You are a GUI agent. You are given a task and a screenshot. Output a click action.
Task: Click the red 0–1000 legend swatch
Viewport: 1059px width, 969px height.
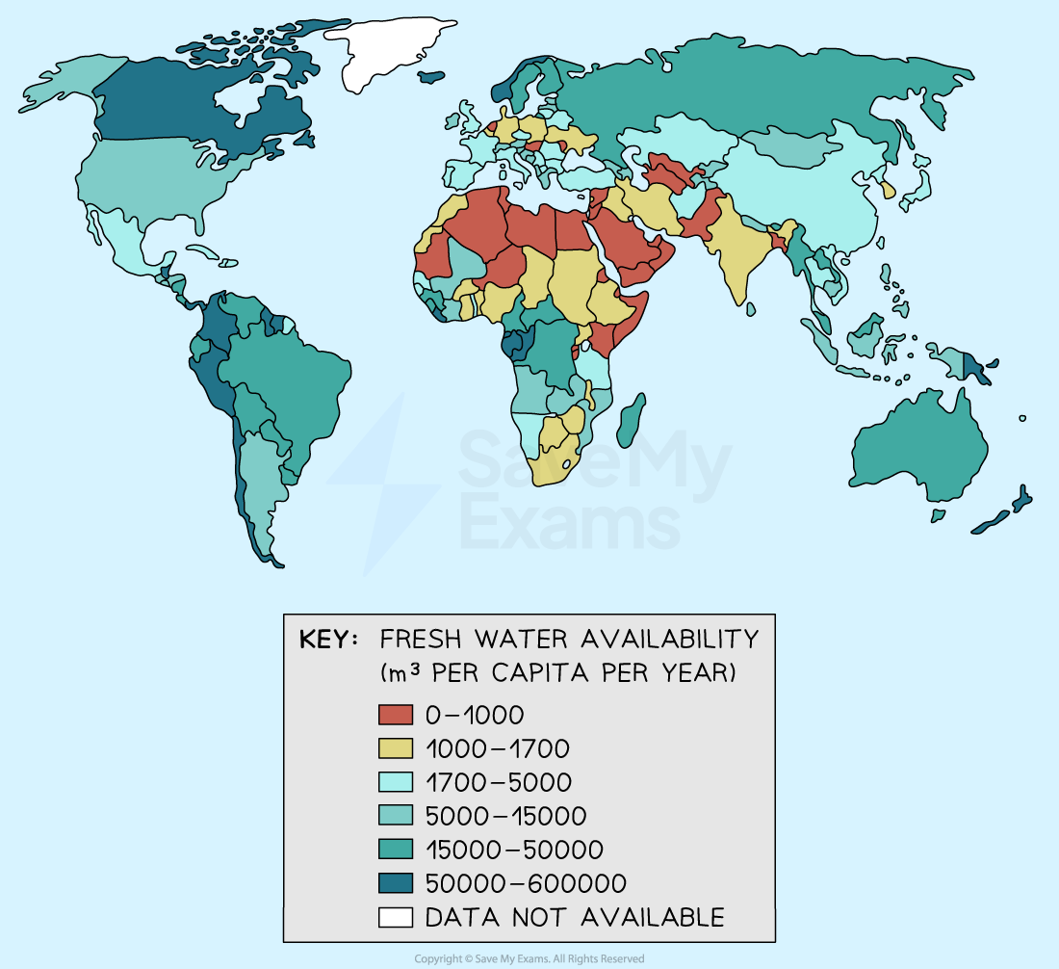395,715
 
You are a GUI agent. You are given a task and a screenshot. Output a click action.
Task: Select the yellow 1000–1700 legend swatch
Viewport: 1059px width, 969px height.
395,748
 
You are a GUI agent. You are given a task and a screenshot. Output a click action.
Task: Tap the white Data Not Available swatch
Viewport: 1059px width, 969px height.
395,917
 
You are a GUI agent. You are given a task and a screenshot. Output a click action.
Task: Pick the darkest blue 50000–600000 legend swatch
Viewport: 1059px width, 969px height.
395,883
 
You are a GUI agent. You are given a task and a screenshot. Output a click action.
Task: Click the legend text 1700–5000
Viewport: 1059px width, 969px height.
498,782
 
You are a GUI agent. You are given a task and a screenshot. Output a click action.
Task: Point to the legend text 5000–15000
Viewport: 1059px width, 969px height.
505,816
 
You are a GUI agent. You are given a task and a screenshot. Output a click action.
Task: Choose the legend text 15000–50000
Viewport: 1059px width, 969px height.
514,850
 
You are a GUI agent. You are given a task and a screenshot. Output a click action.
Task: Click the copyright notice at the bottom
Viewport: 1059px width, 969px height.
529,958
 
